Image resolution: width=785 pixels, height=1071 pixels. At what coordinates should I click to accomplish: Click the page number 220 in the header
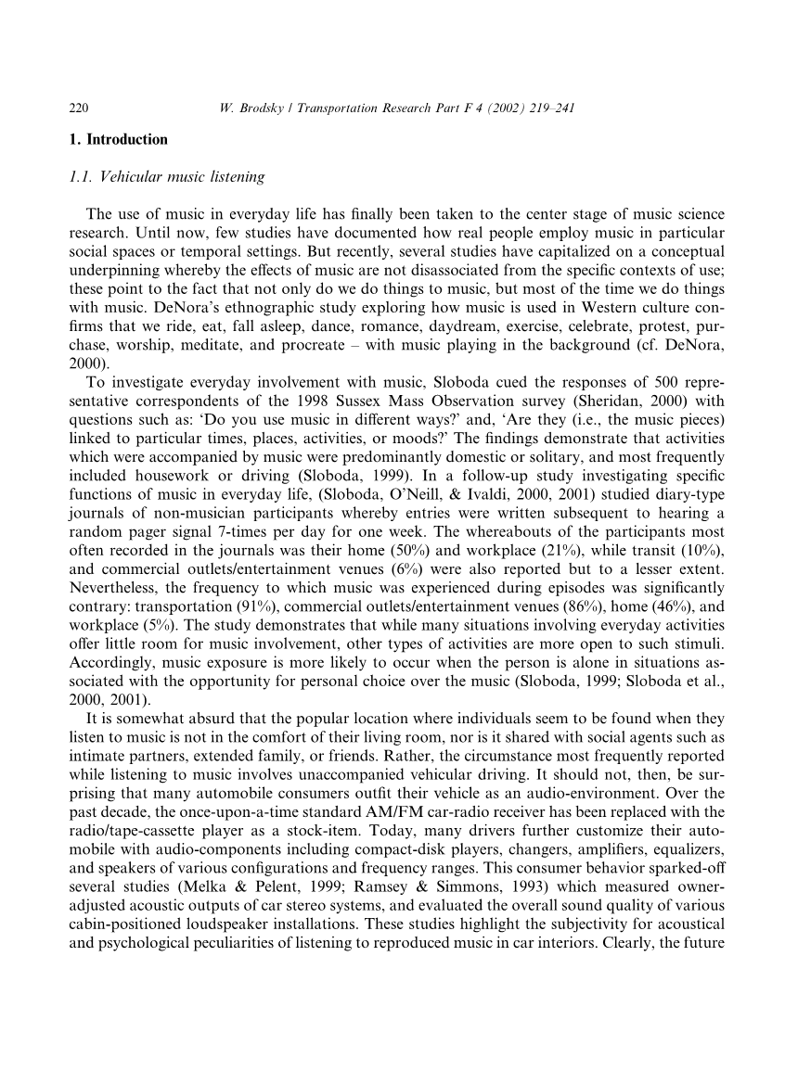79,108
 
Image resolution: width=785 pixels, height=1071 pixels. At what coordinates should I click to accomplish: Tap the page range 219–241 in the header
547,108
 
